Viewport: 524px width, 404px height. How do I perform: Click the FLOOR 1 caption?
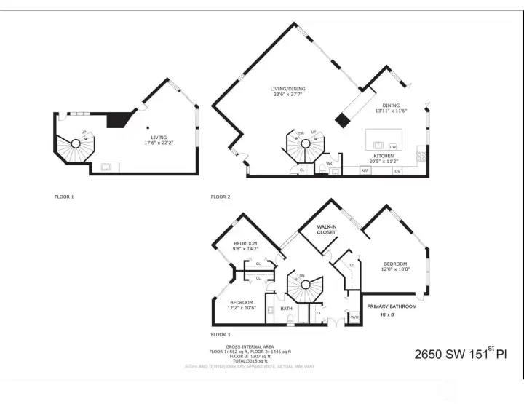[64, 197]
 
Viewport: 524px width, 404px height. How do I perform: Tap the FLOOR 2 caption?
[221, 197]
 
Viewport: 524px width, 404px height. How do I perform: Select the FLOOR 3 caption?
[221, 334]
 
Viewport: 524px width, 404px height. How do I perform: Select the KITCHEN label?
[384, 156]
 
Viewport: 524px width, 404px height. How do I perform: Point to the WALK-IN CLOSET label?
[327, 230]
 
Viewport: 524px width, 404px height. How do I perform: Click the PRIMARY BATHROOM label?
[392, 307]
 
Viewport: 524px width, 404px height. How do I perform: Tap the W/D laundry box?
[354, 317]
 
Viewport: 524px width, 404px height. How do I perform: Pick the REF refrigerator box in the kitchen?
[365, 170]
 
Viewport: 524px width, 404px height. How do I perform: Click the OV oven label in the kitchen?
[397, 171]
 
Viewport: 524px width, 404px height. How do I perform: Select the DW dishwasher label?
[392, 146]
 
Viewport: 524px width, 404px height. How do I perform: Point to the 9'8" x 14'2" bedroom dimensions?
[245, 249]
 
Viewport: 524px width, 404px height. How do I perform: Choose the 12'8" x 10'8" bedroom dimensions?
[395, 269]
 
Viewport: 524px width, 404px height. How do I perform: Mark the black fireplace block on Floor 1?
[116, 120]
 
